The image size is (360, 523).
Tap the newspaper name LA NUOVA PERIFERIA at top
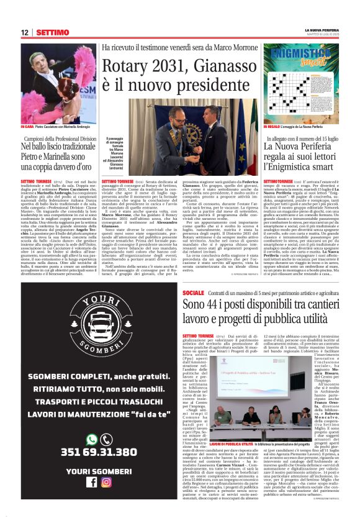322,29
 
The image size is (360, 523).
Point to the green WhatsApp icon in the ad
92,439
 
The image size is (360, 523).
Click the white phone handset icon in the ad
106,439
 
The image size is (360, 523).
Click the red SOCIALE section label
193,293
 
